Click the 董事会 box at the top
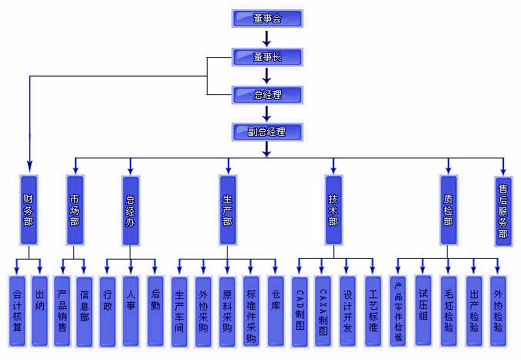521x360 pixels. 267,19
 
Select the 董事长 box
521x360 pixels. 267,57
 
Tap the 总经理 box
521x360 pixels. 267,95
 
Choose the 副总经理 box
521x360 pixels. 267,132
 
